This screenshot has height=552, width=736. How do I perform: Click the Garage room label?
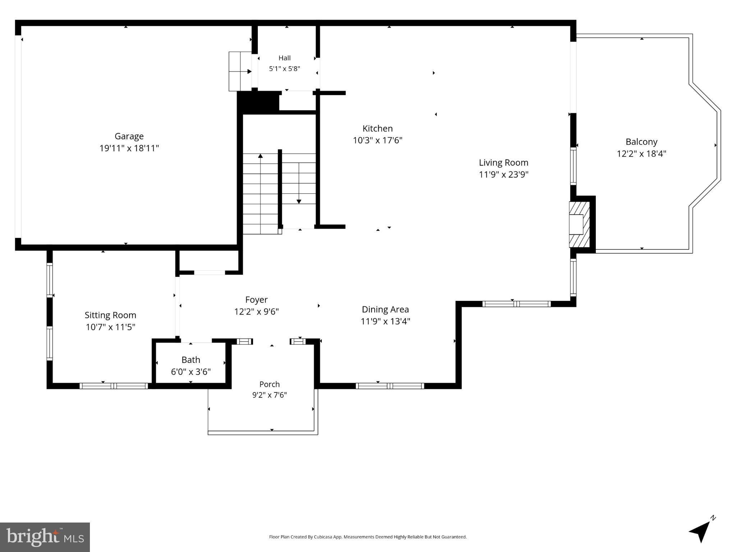(129, 136)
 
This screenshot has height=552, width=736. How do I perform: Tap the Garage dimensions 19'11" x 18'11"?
(129, 148)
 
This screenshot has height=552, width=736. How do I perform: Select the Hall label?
(284, 58)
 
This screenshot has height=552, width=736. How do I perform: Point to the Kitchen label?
(378, 128)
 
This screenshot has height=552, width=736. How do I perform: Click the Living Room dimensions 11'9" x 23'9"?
(503, 174)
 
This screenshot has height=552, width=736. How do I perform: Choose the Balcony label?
(641, 142)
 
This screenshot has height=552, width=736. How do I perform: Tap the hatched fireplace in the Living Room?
(579, 225)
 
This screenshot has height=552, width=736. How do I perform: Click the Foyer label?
(256, 300)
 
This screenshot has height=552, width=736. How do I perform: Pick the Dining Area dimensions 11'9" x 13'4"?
(385, 321)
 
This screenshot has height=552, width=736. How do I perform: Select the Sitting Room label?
(110, 315)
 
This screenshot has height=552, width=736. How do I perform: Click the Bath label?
(191, 360)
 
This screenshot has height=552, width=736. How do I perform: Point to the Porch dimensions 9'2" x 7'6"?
(269, 395)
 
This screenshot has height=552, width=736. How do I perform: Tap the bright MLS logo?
(45, 537)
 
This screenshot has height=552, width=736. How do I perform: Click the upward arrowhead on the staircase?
(260, 156)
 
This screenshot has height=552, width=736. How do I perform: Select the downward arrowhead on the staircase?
(299, 202)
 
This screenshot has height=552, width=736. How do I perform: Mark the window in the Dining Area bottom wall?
(390, 386)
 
